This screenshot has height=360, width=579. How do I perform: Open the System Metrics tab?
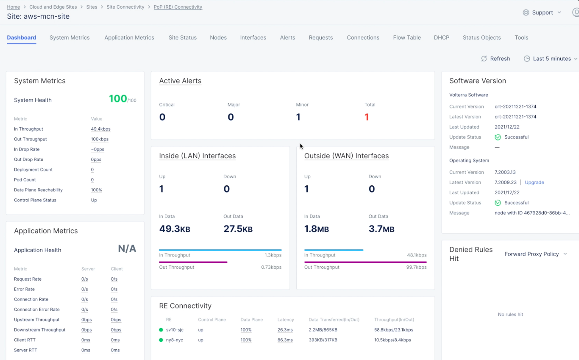tap(69, 38)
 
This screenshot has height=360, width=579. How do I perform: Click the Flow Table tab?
tap(407, 38)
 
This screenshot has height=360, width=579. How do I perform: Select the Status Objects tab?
tap(482, 38)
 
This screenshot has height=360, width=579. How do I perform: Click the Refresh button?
tap(496, 59)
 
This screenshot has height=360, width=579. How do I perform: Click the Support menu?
tap(542, 13)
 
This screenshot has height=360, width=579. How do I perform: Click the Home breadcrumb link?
tap(14, 7)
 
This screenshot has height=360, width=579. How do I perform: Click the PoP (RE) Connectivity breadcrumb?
tap(178, 7)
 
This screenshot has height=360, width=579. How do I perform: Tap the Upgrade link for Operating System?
tap(534, 183)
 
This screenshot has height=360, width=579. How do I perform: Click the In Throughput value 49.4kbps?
tap(100, 129)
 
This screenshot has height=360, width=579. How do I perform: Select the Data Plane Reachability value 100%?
tap(96, 190)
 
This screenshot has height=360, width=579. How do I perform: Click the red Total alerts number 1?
tap(367, 117)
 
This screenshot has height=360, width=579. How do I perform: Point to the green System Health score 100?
tap(118, 98)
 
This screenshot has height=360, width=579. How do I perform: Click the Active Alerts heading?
tap(180, 81)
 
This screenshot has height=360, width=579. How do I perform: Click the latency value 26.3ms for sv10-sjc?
tap(285, 330)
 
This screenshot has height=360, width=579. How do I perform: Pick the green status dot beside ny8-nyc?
tap(161, 340)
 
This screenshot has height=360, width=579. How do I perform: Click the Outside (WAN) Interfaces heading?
tap(346, 156)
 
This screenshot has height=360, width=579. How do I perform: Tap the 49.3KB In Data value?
tap(175, 229)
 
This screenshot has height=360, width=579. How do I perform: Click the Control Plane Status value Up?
tap(94, 200)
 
